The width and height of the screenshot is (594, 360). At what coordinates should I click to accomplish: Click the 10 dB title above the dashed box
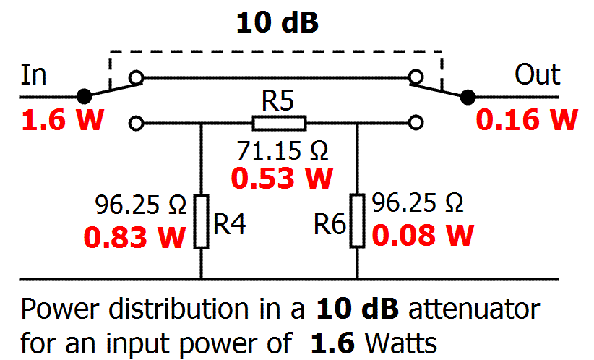point(277,22)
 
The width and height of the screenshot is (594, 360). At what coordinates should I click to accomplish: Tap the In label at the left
point(34,74)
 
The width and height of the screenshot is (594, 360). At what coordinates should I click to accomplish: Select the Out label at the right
point(537,74)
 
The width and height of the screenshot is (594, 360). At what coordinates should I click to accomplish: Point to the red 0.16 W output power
point(527,121)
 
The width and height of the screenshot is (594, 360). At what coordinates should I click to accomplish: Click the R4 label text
point(231,226)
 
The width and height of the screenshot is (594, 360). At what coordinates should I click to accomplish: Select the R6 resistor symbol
point(358,221)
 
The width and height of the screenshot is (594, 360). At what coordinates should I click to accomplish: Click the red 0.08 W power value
point(423,235)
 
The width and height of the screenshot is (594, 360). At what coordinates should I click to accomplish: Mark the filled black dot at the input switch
point(85,96)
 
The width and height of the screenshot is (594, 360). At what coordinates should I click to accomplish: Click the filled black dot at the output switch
point(468,96)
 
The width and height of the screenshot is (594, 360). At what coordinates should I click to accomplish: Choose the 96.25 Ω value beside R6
point(418,203)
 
